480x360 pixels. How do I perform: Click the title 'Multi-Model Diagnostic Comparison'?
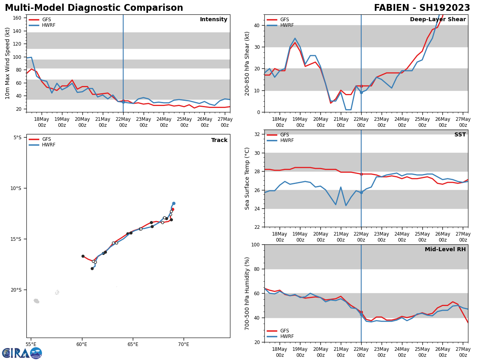pyautogui.click(x=94, y=8)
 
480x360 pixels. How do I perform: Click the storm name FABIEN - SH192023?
pyautogui.click(x=422, y=8)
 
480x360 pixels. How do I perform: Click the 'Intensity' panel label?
pyautogui.click(x=214, y=20)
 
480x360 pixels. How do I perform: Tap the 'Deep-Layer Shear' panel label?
pyautogui.click(x=438, y=20)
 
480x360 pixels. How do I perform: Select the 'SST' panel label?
pyautogui.click(x=460, y=135)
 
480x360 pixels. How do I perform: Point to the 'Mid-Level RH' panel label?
pyautogui.click(x=445, y=250)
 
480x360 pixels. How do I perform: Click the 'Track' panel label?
pyautogui.click(x=219, y=140)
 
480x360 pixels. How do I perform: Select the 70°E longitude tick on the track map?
pyautogui.click(x=184, y=344)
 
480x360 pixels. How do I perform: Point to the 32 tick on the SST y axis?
pyautogui.click(x=258, y=134)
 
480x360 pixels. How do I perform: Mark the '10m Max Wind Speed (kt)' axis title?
pyautogui.click(x=8, y=63)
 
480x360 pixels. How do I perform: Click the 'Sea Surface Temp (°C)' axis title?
pyautogui.click(x=247, y=178)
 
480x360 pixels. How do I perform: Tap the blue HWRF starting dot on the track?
pyautogui.click(x=174, y=203)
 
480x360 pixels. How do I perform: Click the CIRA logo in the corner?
pyautogui.click(x=22, y=353)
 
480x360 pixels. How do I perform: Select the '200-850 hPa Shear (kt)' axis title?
pyautogui.click(x=247, y=63)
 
